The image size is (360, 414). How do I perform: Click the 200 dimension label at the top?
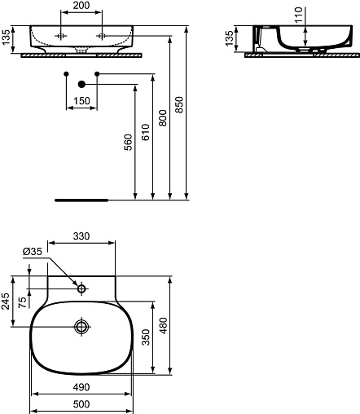pyautogui.click(x=81, y=6)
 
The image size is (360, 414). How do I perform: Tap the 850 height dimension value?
pyautogui.click(x=179, y=104)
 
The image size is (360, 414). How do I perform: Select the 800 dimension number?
pyautogui.click(x=163, y=118)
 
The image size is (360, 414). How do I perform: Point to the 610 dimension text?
pyautogui.click(x=146, y=132)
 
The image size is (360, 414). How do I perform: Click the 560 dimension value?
pyautogui.click(x=128, y=142)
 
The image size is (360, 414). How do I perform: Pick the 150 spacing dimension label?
pyautogui.click(x=81, y=101)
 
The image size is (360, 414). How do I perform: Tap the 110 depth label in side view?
pyautogui.click(x=298, y=15)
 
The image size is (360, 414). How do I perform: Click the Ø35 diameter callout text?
pyautogui.click(x=33, y=252)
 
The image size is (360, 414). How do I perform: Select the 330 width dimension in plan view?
pyautogui.click(x=81, y=236)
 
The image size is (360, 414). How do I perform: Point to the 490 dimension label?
pyautogui.click(x=81, y=387)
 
